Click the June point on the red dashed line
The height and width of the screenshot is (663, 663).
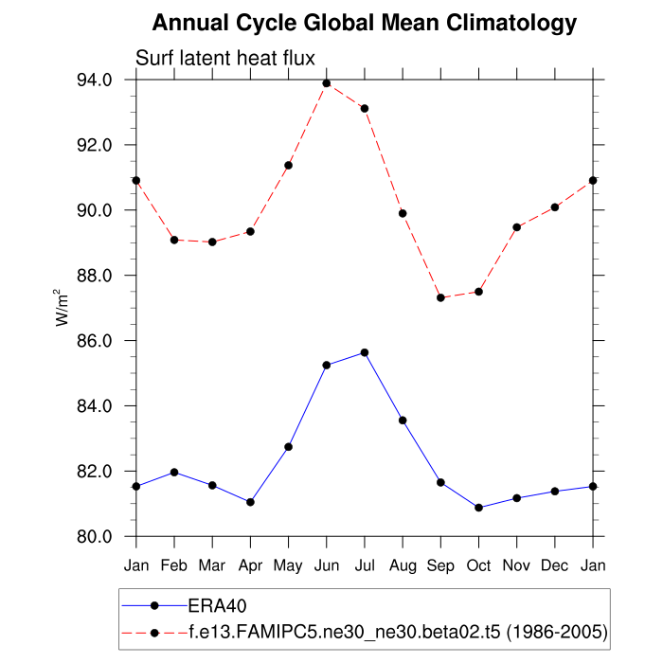327,83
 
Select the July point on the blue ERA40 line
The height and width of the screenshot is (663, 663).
365,352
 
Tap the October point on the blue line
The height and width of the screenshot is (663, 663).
479,508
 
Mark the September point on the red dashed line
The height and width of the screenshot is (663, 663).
440,297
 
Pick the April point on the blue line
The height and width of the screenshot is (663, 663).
250,502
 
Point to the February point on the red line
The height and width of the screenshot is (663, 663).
174,240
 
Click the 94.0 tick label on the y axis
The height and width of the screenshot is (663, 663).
106,80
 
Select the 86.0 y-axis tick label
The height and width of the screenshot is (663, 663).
106,341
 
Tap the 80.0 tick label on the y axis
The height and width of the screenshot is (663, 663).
106,537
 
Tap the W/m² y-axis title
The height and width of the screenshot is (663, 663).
62,308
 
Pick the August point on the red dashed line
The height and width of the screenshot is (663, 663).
403,213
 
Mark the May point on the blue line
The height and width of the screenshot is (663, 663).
288,446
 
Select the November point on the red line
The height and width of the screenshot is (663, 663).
517,227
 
